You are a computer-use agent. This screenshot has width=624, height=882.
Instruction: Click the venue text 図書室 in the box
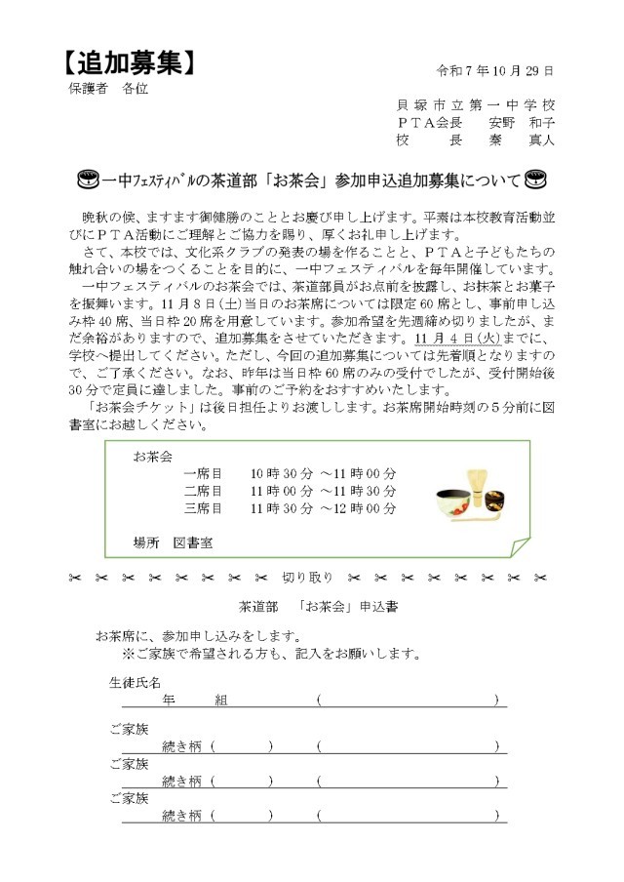click(x=193, y=542)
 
